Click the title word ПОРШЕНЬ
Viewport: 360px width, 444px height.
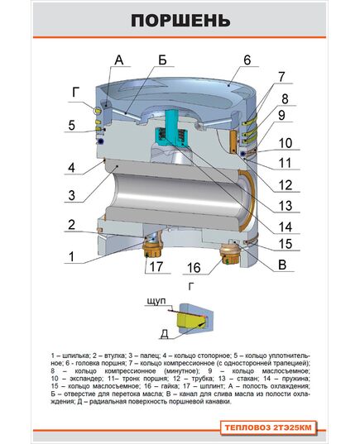click(x=180, y=20)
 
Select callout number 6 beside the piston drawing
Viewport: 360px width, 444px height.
click(x=247, y=60)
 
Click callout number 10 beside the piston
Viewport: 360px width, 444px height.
click(x=286, y=141)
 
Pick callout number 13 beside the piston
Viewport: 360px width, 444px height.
click(x=286, y=206)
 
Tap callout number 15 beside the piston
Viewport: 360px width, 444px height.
click(x=285, y=244)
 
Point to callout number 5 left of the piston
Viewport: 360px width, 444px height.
click(x=72, y=127)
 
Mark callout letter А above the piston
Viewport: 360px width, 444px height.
click(x=118, y=60)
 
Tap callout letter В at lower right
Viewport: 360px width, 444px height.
click(x=284, y=265)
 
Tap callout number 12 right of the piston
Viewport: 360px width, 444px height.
click(x=286, y=184)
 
